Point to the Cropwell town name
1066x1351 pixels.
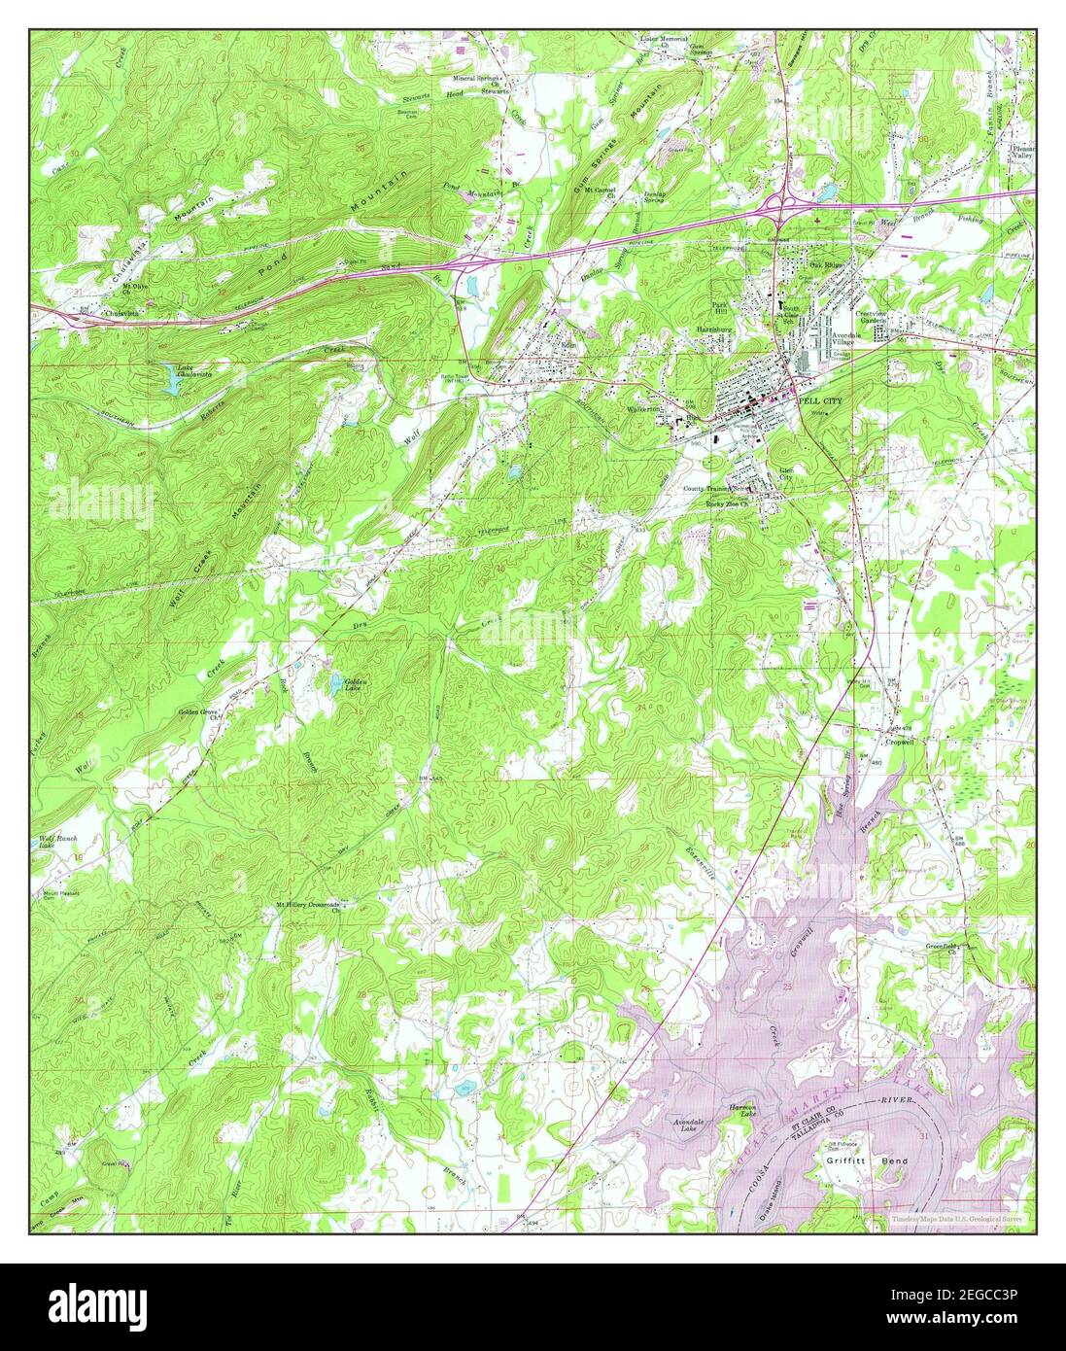(901, 741)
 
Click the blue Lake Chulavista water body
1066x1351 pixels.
(172, 385)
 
